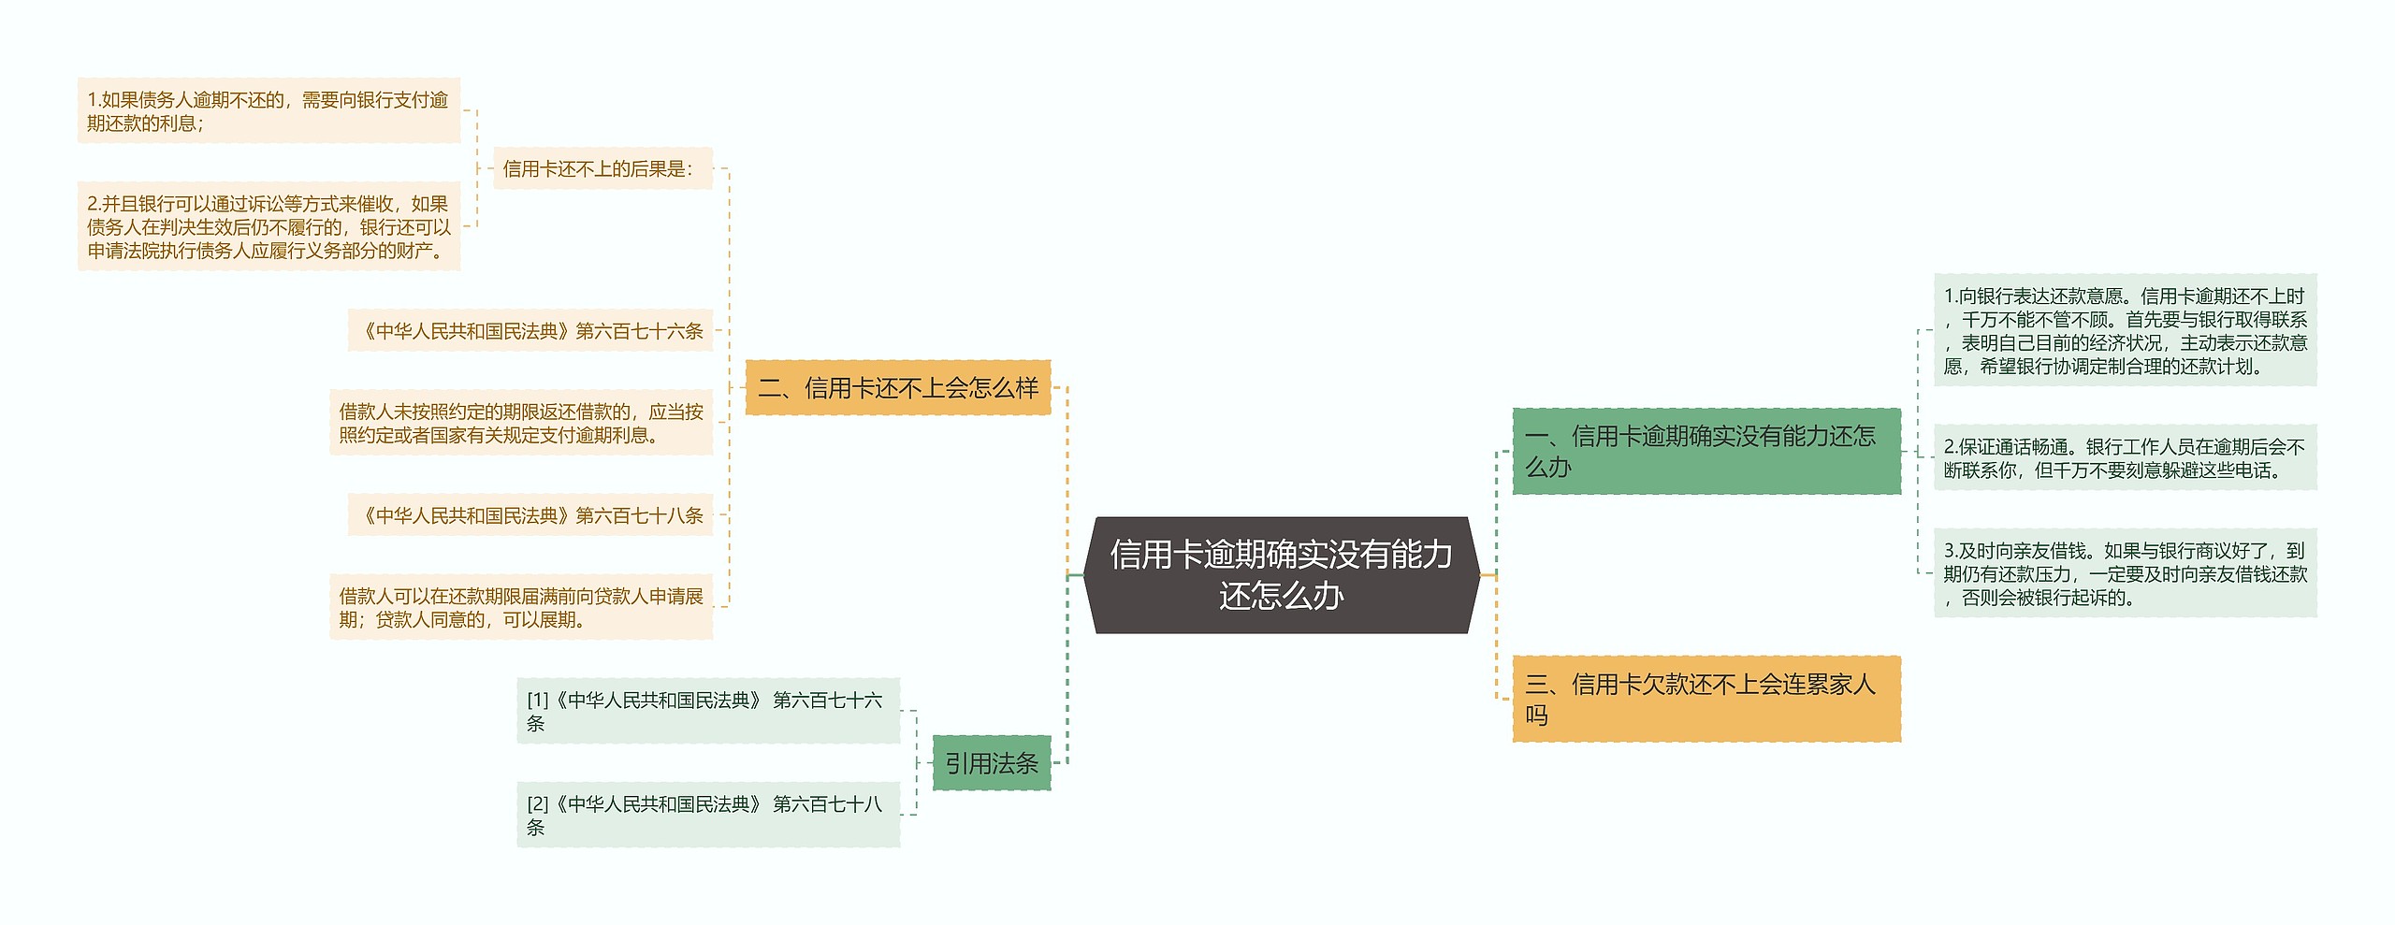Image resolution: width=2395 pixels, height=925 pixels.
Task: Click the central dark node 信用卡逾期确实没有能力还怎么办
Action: [x=1281, y=574]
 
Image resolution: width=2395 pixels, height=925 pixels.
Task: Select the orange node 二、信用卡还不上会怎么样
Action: [x=898, y=387]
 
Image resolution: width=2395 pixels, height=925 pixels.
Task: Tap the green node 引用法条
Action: [x=992, y=763]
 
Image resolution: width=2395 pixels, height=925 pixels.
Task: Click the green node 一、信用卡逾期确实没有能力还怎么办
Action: [x=1706, y=451]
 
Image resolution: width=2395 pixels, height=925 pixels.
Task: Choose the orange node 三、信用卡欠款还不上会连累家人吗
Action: [x=1706, y=699]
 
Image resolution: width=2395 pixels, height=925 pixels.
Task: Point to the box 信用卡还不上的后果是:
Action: [x=602, y=168]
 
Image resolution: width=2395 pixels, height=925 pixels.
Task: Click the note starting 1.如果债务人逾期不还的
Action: [x=269, y=111]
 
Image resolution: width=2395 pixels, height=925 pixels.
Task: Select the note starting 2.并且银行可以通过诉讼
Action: [x=269, y=226]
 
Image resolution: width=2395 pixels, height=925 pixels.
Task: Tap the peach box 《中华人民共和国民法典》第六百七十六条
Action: [x=530, y=330]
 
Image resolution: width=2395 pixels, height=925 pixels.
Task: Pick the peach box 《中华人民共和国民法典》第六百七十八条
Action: [x=530, y=514]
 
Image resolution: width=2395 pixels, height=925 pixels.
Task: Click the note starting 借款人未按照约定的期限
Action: [x=521, y=423]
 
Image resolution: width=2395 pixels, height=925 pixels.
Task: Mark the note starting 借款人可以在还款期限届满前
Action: [x=521, y=607]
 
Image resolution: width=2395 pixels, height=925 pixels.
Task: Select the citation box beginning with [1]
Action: [x=708, y=711]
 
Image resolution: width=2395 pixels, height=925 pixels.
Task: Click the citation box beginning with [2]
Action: [x=708, y=815]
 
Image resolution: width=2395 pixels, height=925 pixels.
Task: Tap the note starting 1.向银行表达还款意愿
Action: [x=2125, y=330]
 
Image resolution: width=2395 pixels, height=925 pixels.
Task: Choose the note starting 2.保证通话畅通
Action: [x=2125, y=457]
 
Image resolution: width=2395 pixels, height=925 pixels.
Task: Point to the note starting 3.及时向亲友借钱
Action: [x=2125, y=573]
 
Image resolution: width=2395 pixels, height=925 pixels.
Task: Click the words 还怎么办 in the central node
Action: [x=1281, y=596]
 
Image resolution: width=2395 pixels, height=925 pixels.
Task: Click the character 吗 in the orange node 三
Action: [x=1537, y=715]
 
